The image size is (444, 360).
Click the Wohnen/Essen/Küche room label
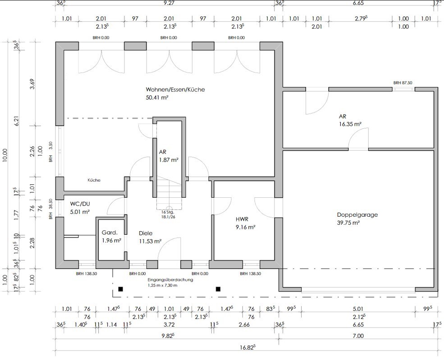pos(175,89)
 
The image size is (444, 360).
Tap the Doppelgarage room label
pos(357,214)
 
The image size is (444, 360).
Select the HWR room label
pos(242,219)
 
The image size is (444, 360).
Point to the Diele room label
pos(146,233)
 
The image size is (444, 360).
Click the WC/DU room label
pos(80,204)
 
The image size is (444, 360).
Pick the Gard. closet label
pos(110,232)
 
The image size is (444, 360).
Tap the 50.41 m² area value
pos(157,98)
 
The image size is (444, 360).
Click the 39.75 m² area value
pos(348,223)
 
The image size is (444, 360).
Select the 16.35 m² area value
pos(350,124)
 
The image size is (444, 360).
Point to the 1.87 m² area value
pos(169,160)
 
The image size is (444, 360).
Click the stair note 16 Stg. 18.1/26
pos(168,214)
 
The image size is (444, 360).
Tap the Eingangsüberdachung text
pos(170,280)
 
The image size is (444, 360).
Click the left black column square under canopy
pos(121,289)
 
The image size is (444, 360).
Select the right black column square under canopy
pos(218,289)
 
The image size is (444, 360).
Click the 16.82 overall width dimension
pos(247,347)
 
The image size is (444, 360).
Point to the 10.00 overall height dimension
pos(5,155)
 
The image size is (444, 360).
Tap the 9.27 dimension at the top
pos(169,3)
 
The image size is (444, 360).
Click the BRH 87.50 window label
pos(403,83)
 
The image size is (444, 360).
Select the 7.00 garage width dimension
pos(358,336)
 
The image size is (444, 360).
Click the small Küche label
pos(94,180)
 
